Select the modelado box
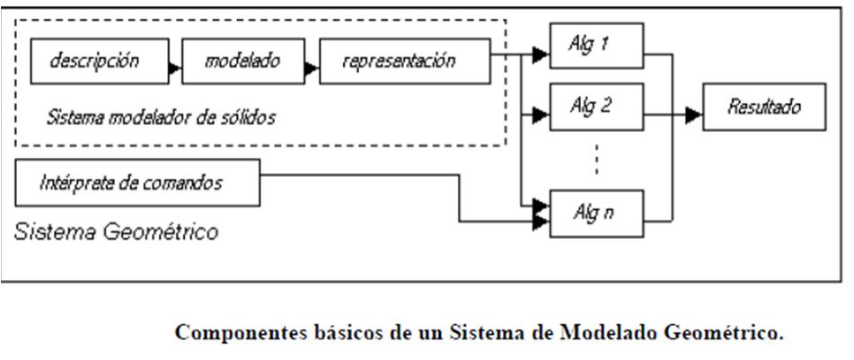[x=242, y=62]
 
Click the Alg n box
[x=595, y=214]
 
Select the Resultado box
[x=763, y=109]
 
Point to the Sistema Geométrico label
[x=116, y=233]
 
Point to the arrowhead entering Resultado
[x=693, y=115]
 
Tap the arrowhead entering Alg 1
[x=541, y=56]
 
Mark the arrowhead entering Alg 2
[x=541, y=115]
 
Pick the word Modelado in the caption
[x=609, y=334]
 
